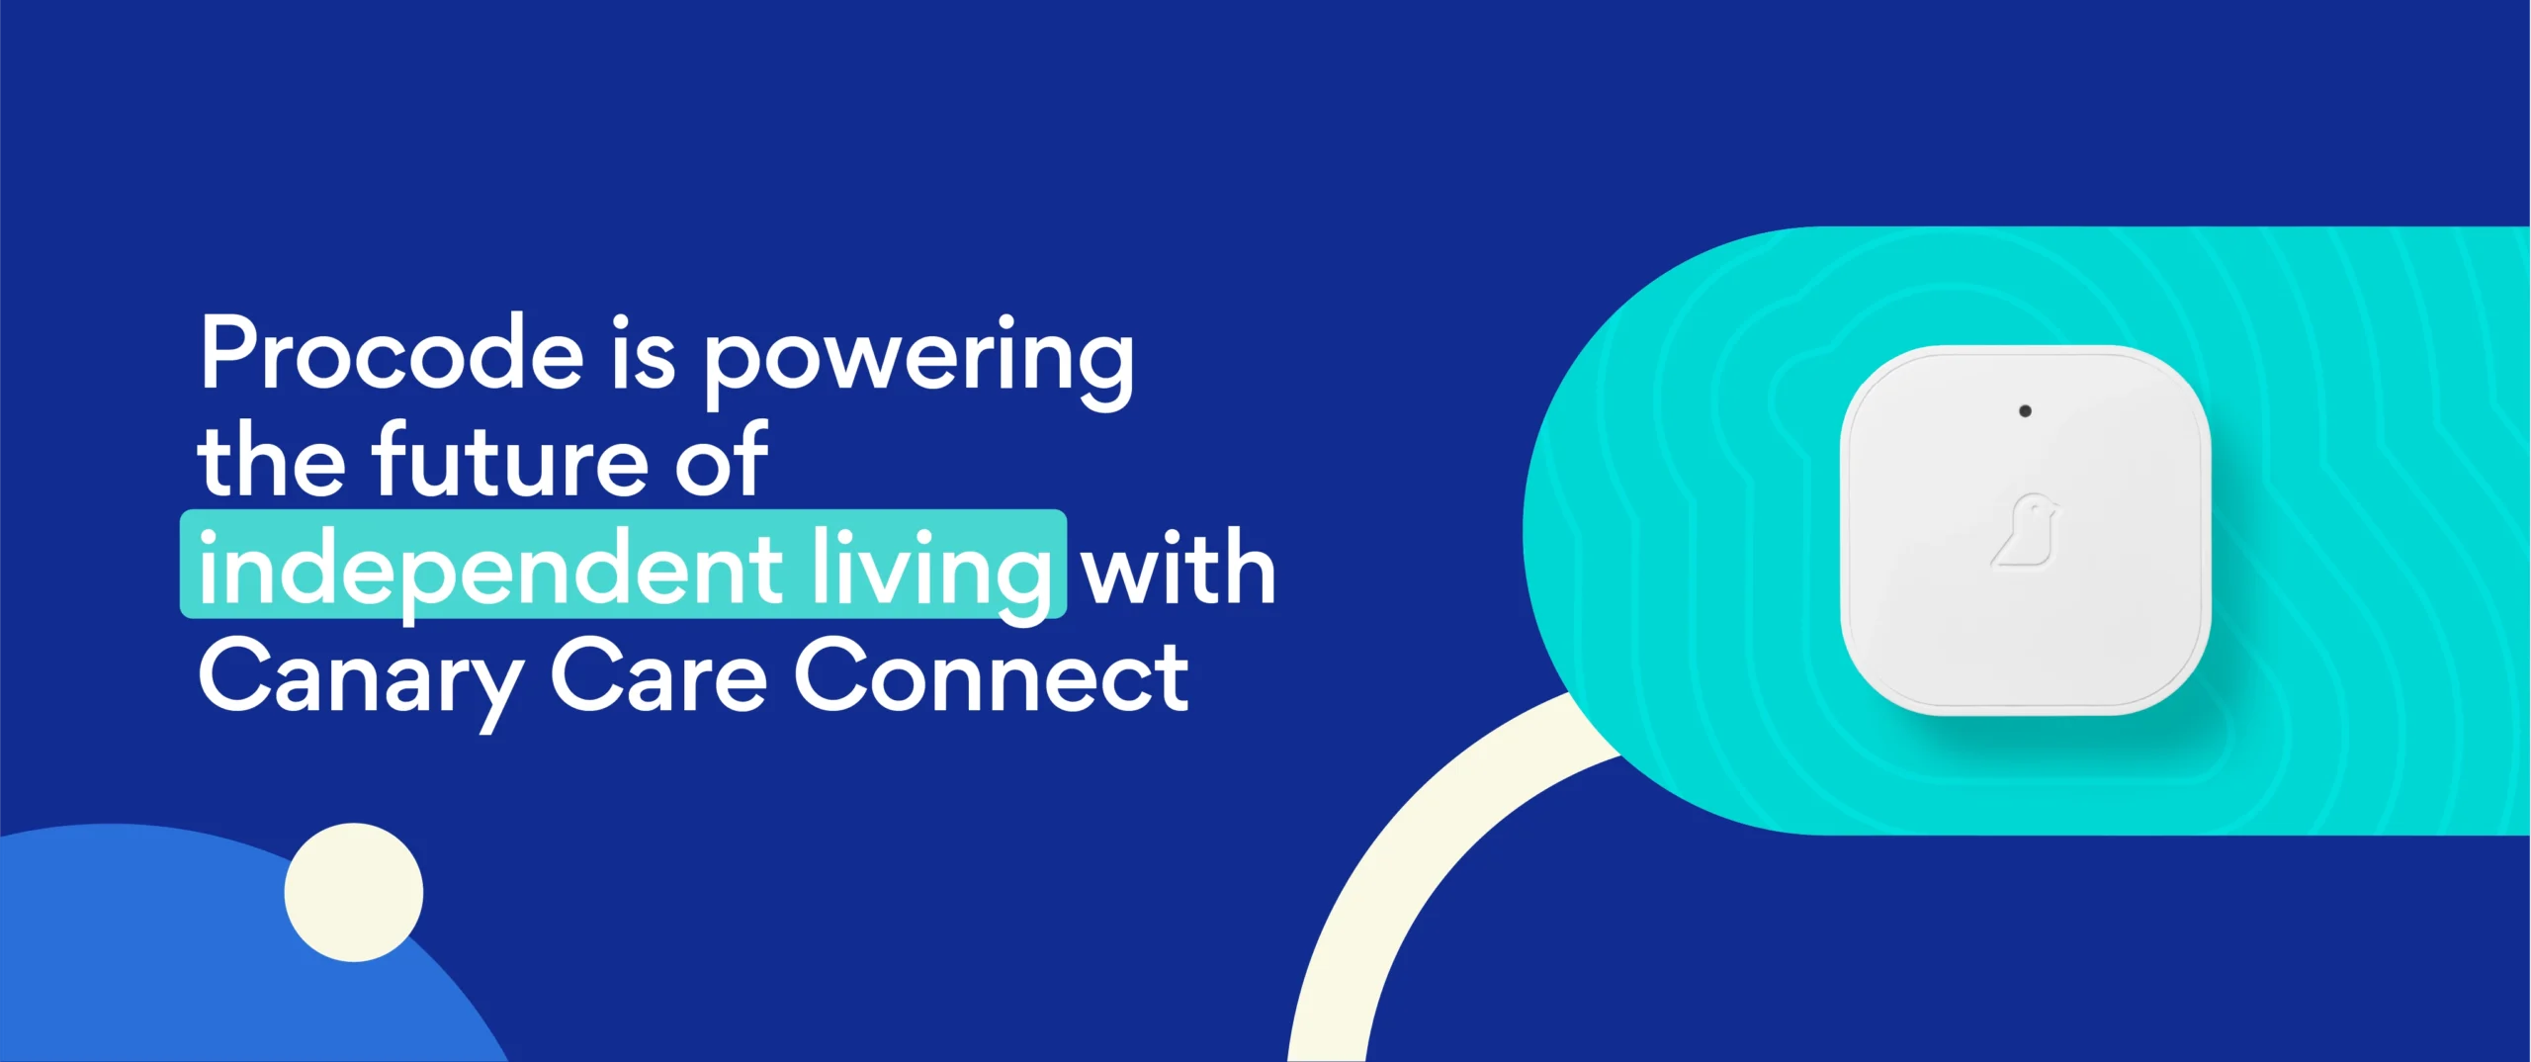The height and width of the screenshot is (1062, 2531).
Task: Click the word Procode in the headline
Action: pyautogui.click(x=392, y=354)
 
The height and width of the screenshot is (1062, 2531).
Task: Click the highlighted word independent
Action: pyautogui.click(x=490, y=569)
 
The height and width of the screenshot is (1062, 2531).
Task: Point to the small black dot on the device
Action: pyautogui.click(x=2025, y=410)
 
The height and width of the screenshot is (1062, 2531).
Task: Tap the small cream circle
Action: pyautogui.click(x=354, y=892)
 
